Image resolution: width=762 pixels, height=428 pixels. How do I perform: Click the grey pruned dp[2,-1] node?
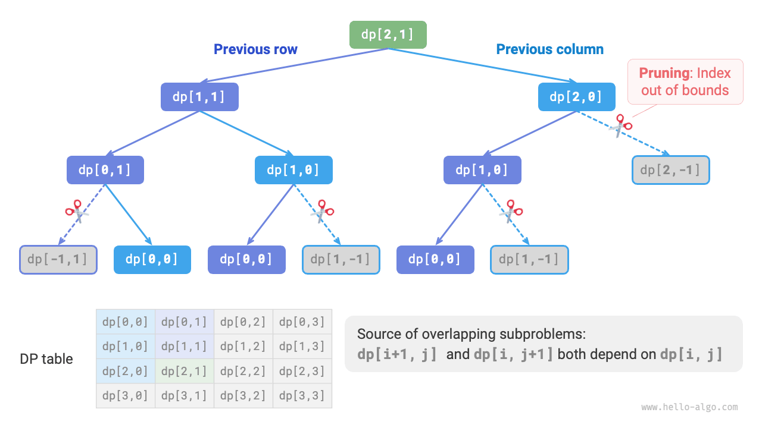pos(671,170)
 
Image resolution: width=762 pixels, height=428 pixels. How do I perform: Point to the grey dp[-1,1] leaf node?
pos(58,259)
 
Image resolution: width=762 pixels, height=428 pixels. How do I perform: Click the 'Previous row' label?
pos(255,49)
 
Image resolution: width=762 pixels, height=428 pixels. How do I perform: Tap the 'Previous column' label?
pos(549,49)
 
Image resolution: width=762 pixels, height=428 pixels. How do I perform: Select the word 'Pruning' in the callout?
pos(664,74)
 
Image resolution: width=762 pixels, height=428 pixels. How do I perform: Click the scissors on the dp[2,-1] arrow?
pos(621,127)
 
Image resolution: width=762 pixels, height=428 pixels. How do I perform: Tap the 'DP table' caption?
pos(46,359)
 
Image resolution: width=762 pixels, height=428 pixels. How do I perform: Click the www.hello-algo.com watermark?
pos(689,407)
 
